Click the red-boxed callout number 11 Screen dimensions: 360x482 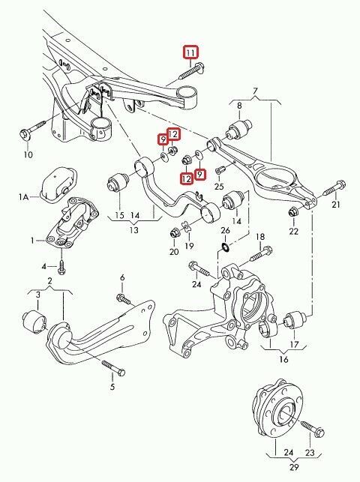190,52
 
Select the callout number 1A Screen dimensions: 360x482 24,196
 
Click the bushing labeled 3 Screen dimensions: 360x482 34,322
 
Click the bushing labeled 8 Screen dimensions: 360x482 238,129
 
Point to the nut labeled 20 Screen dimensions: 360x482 175,233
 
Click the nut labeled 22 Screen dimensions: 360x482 293,211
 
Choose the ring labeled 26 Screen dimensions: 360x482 225,247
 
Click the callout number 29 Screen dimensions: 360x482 294,467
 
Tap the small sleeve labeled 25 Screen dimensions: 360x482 220,169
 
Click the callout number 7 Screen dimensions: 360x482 255,91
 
